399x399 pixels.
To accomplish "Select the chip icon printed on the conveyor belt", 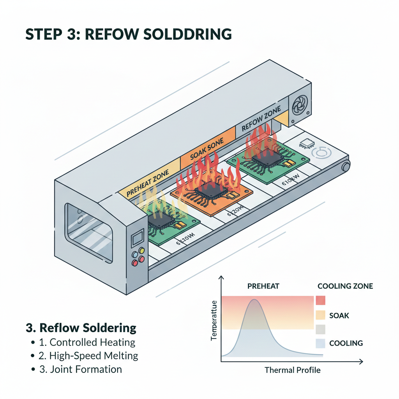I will point(306,143).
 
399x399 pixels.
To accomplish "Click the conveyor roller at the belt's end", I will point(345,166).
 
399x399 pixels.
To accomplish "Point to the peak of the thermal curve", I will point(254,300).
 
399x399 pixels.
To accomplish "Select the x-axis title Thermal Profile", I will point(292,370).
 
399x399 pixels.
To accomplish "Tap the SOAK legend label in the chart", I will point(339,315).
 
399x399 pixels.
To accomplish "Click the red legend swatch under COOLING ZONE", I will point(320,300).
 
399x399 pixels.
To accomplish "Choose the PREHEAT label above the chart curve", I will point(263,286).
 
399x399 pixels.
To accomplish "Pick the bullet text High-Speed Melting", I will point(94,355).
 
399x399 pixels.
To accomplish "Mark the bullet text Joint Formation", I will point(86,369).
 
